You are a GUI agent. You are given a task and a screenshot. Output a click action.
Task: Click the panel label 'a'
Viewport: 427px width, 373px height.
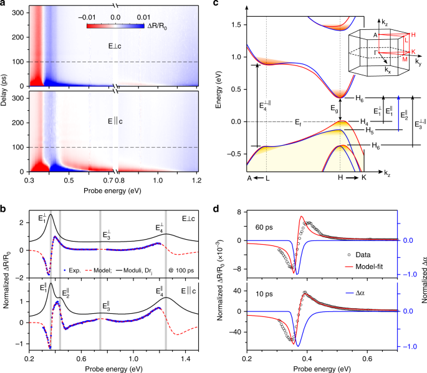coord(4,4)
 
